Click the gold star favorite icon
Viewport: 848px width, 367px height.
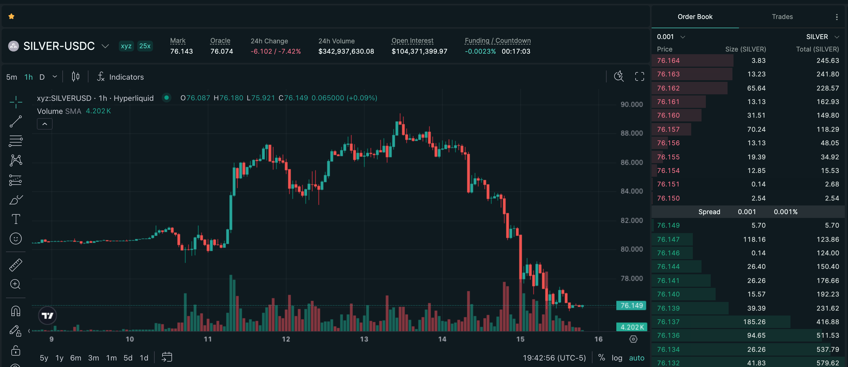pyautogui.click(x=11, y=17)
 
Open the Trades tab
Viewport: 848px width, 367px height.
pyautogui.click(x=782, y=17)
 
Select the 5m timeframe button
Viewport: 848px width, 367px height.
pyautogui.click(x=11, y=77)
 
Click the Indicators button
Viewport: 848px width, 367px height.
pyautogui.click(x=120, y=77)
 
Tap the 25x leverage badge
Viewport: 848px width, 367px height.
pyautogui.click(x=145, y=46)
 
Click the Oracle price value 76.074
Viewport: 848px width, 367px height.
pyautogui.click(x=222, y=51)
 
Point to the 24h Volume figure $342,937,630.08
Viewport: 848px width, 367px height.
pyautogui.click(x=346, y=51)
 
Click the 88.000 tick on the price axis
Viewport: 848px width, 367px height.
pyautogui.click(x=632, y=133)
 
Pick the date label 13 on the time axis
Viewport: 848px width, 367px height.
pyautogui.click(x=364, y=339)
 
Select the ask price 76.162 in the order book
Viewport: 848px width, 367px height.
pyautogui.click(x=668, y=88)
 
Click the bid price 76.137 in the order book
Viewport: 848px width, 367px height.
pyautogui.click(x=668, y=322)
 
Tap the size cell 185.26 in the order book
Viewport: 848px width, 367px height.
pyautogui.click(x=754, y=322)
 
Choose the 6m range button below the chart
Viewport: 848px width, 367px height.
pyautogui.click(x=76, y=358)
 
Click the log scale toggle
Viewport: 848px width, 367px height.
pyautogui.click(x=617, y=358)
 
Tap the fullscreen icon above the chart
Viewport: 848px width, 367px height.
pyautogui.click(x=639, y=77)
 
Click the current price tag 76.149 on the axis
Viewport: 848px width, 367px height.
pyautogui.click(x=632, y=305)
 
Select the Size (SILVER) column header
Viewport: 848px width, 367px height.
pyautogui.click(x=746, y=49)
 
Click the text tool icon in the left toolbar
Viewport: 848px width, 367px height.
pyautogui.click(x=16, y=219)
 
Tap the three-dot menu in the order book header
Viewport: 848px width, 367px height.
pyautogui.click(x=837, y=17)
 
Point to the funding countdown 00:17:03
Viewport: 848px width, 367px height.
pyautogui.click(x=516, y=51)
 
